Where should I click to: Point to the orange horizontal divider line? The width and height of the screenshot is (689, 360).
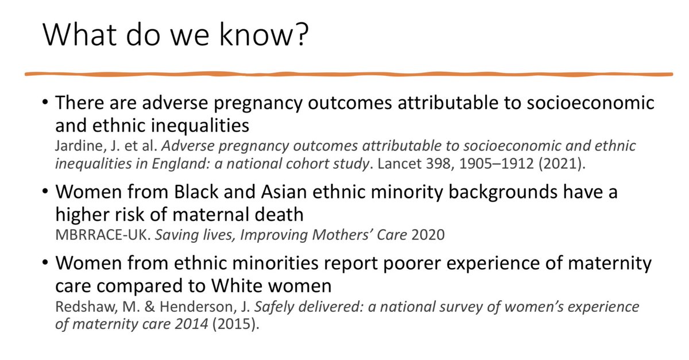[349, 74]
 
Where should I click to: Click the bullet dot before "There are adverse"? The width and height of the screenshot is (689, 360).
[45, 102]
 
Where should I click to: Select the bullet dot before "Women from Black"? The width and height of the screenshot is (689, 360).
[45, 191]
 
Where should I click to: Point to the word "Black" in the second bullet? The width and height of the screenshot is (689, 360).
[196, 192]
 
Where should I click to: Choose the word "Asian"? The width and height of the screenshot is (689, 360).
[284, 192]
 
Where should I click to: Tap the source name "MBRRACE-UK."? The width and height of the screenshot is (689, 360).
[103, 235]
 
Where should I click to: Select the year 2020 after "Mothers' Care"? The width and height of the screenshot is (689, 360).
[428, 235]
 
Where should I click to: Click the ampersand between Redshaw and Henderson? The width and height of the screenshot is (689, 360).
[149, 307]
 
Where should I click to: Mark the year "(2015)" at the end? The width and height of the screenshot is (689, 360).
[235, 324]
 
